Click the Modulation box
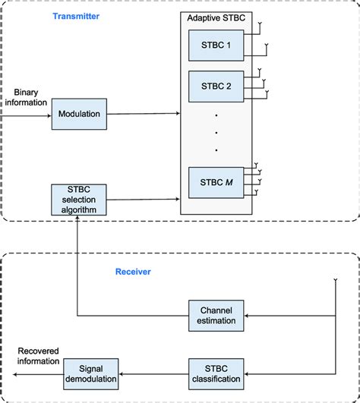(x=78, y=114)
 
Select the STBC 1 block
(x=216, y=45)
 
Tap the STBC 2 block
(x=216, y=86)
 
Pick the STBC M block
(x=216, y=183)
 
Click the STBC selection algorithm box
(x=78, y=199)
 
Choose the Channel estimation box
(x=216, y=315)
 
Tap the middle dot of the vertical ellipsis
(x=216, y=133)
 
